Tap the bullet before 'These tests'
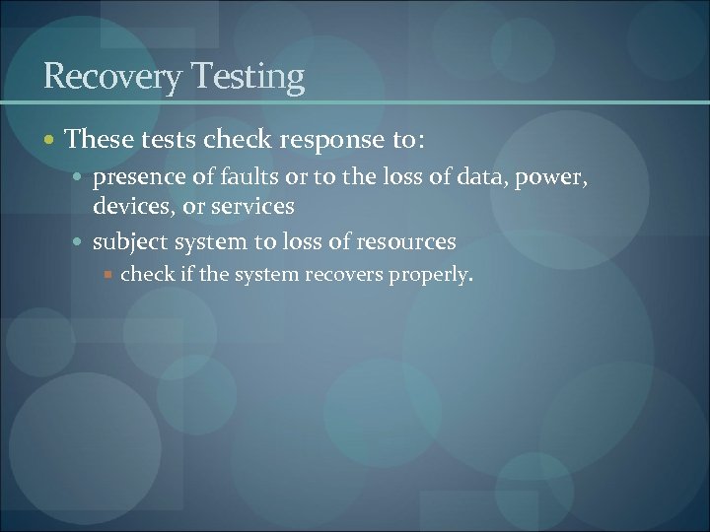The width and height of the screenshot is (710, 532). pos(50,140)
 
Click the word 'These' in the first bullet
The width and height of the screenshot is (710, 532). pos(99,139)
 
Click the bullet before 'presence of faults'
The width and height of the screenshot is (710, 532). pos(78,179)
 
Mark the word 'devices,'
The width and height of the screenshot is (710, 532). pos(134,206)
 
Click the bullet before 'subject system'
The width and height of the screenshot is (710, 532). pos(78,241)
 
